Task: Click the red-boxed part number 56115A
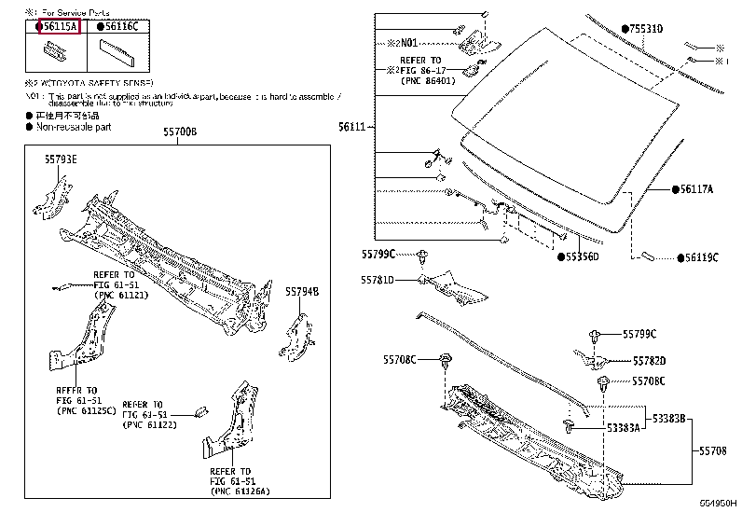point(58,26)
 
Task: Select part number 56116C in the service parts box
point(121,26)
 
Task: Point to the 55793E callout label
point(61,159)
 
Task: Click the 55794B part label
point(302,291)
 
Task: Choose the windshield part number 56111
point(351,125)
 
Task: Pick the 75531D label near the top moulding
point(646,30)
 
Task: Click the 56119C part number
point(701,256)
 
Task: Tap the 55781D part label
point(378,280)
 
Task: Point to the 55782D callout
point(650,360)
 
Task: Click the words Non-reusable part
point(74,126)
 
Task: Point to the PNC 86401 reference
point(430,80)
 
